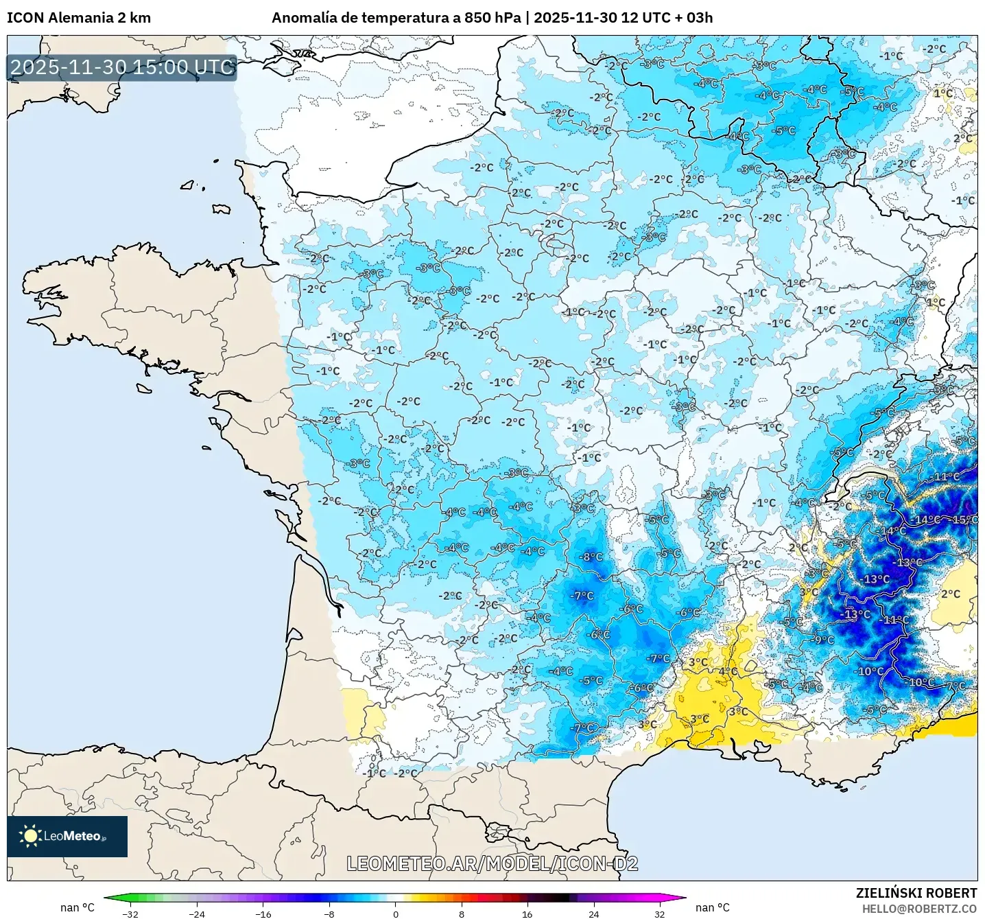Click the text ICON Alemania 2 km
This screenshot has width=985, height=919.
[x=79, y=18]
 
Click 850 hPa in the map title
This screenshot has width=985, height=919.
[x=492, y=18]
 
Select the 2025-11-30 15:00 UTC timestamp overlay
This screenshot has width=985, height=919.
[x=122, y=67]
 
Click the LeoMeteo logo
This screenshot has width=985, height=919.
[x=67, y=836]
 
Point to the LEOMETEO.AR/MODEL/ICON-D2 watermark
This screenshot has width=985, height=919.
[x=492, y=863]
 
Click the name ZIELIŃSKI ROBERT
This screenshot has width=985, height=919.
[x=916, y=893]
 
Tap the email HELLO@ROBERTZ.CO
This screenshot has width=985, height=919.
[x=919, y=909]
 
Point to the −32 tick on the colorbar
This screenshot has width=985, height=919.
[x=130, y=914]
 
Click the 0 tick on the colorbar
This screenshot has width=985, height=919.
[x=395, y=914]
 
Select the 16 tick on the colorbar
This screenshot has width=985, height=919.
[x=527, y=914]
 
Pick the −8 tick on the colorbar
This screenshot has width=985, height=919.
[x=329, y=914]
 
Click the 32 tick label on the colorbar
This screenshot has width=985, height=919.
[x=659, y=914]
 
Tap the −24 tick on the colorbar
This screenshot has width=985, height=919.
[x=197, y=914]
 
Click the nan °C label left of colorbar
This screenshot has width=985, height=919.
[x=78, y=907]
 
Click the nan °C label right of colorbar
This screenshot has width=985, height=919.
[x=713, y=907]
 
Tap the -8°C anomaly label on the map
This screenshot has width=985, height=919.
[x=591, y=557]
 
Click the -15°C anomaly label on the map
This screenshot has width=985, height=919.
[x=965, y=520]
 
